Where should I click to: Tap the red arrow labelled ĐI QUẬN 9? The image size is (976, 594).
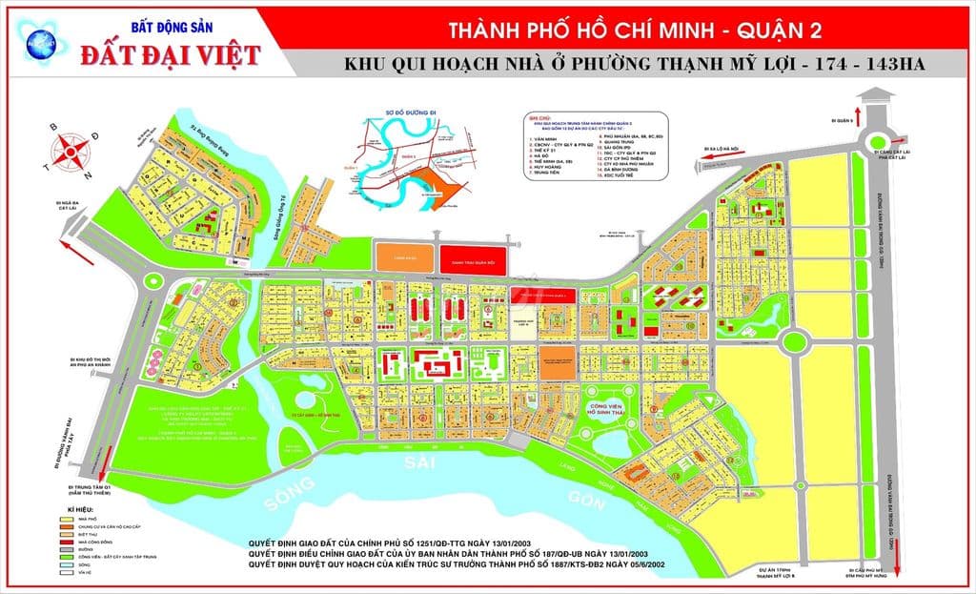[863, 112]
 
